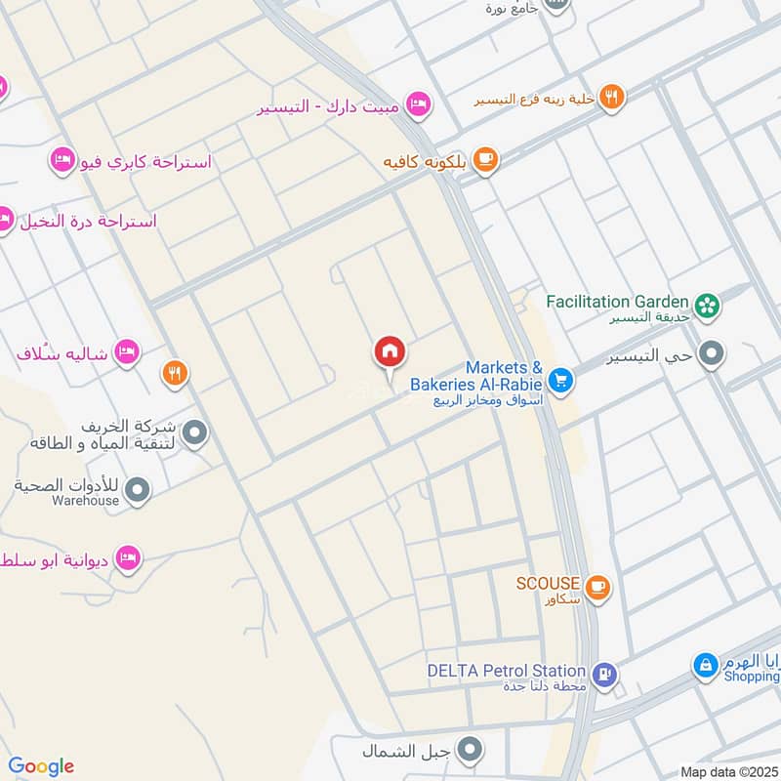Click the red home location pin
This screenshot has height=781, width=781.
coord(390,352)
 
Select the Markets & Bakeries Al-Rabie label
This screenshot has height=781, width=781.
coord(476,376)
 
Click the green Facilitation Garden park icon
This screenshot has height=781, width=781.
coord(708,305)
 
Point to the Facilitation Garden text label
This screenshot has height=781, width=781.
coord(618,301)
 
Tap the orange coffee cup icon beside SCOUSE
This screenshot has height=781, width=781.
coord(597,587)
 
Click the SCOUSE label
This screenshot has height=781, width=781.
coord(549,583)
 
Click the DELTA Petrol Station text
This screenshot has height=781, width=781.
coord(506,671)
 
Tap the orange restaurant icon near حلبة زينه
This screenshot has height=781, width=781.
coord(612,96)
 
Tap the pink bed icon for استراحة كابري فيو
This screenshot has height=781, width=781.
coord(62,158)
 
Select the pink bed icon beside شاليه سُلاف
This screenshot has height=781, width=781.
coord(125,350)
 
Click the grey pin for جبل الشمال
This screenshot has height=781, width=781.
coord(472,750)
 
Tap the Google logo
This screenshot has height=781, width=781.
coord(41,766)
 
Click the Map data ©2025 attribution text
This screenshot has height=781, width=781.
coord(726,772)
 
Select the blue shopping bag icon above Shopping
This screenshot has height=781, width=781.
coord(704,666)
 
